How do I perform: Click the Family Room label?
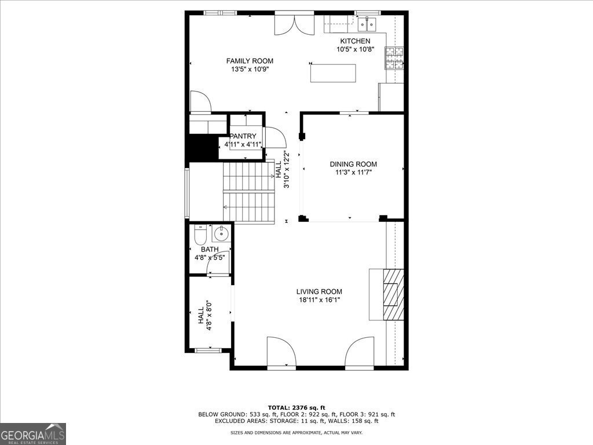[x=250, y=61]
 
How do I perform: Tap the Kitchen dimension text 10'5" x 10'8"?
[x=356, y=49]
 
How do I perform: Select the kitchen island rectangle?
[x=333, y=73]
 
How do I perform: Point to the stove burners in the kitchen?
[x=394, y=58]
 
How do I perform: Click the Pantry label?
[x=243, y=136]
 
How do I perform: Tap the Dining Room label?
[x=353, y=164]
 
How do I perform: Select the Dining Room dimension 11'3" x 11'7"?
[x=353, y=173]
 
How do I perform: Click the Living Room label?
[x=319, y=292]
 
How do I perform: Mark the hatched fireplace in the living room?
[x=393, y=295]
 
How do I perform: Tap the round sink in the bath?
[x=221, y=234]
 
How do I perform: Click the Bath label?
[x=210, y=249]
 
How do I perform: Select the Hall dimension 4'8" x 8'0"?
[x=209, y=316]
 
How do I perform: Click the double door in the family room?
[x=294, y=23]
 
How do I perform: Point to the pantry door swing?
[x=276, y=137]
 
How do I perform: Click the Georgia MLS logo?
[x=33, y=433]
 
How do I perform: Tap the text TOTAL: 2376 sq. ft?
[x=296, y=407]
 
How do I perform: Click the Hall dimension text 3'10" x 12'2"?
[x=286, y=170]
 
